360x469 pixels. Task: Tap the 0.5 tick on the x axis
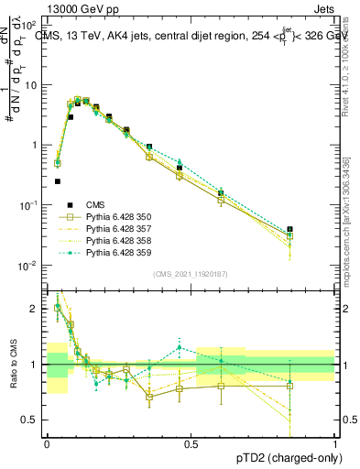pyautogui.click(x=191, y=444)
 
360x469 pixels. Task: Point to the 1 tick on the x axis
pyautogui.click(x=335, y=444)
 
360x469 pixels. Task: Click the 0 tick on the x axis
pyautogui.click(x=47, y=444)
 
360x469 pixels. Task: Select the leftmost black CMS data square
pyautogui.click(x=57, y=181)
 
